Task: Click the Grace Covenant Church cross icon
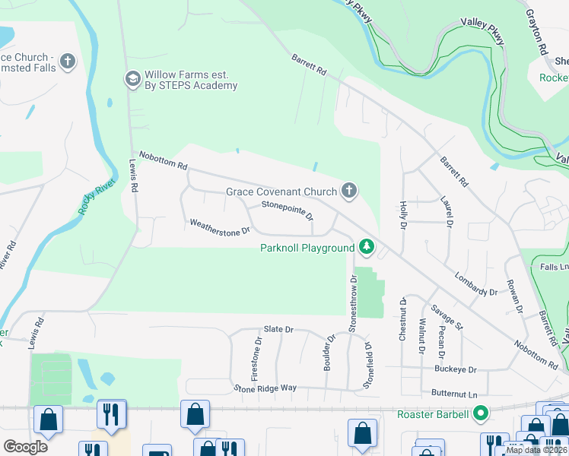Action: click(x=349, y=191)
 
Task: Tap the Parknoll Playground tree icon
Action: click(x=367, y=246)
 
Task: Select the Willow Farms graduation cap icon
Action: click(x=132, y=78)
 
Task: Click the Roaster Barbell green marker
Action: click(x=480, y=414)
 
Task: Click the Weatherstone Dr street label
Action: click(x=220, y=226)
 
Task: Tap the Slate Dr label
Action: click(x=278, y=329)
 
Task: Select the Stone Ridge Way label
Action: click(x=265, y=388)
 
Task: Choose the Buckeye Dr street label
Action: click(x=456, y=370)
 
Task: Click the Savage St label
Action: click(x=447, y=317)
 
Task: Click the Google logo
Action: click(x=25, y=446)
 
